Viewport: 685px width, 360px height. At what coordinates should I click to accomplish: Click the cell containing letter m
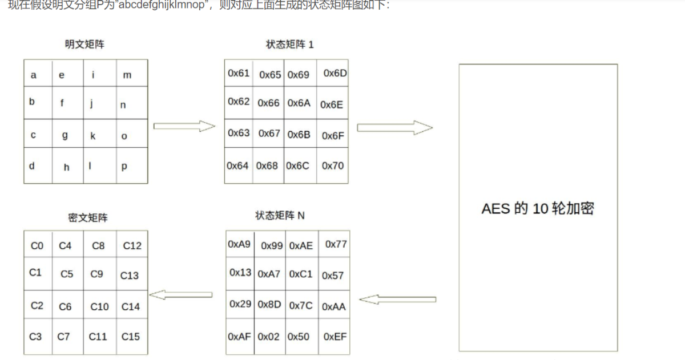(x=127, y=75)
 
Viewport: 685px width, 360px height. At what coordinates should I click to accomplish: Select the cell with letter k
(x=92, y=136)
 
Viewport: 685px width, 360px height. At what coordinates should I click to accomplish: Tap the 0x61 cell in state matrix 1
(x=239, y=74)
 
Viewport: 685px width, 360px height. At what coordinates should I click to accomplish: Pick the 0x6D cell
(x=335, y=73)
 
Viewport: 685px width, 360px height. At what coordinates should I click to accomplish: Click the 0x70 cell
(x=333, y=165)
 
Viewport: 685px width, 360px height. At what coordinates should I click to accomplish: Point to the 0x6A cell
(x=299, y=103)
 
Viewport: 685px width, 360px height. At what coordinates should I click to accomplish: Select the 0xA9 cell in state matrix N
(x=239, y=244)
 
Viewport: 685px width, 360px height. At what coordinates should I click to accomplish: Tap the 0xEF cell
(x=335, y=337)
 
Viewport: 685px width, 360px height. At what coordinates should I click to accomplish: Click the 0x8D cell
(x=269, y=305)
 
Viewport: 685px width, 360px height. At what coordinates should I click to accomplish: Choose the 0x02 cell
(x=269, y=337)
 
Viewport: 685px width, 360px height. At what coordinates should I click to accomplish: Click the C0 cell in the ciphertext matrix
(x=37, y=246)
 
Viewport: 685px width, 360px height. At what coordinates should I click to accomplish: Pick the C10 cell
(x=99, y=306)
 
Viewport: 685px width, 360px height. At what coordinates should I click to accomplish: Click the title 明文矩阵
(x=85, y=45)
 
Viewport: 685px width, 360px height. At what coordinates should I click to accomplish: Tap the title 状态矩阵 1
(x=290, y=45)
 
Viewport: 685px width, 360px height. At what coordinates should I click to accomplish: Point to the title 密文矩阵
(x=87, y=218)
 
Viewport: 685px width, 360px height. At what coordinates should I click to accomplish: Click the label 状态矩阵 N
(x=280, y=216)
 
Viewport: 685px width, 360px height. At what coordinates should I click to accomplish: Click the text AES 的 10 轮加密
(x=538, y=208)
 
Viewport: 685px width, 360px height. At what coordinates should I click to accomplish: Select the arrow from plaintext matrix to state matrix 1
(x=184, y=126)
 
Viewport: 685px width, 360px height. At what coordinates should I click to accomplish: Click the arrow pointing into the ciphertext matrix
(x=181, y=294)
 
